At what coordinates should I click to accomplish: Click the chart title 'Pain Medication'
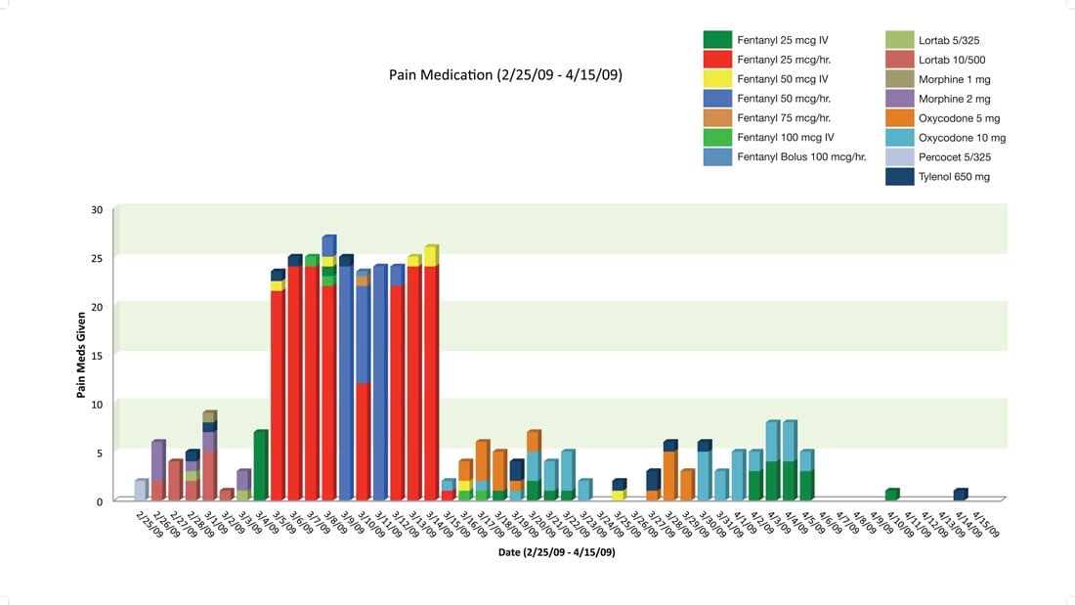point(505,74)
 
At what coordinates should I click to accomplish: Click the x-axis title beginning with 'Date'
point(556,552)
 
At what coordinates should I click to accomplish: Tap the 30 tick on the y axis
point(96,209)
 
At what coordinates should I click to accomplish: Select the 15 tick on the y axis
point(96,355)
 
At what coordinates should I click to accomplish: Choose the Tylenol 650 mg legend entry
point(954,177)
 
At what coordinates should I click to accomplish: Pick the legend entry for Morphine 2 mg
point(954,99)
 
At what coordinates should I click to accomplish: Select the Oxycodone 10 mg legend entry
point(962,138)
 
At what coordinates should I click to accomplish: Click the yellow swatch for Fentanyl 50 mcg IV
point(717,79)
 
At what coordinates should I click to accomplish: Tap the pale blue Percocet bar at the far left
point(140,491)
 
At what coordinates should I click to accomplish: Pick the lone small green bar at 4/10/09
point(890,496)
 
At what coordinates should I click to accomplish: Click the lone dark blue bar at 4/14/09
point(959,496)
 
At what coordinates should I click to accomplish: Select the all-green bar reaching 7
point(259,466)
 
